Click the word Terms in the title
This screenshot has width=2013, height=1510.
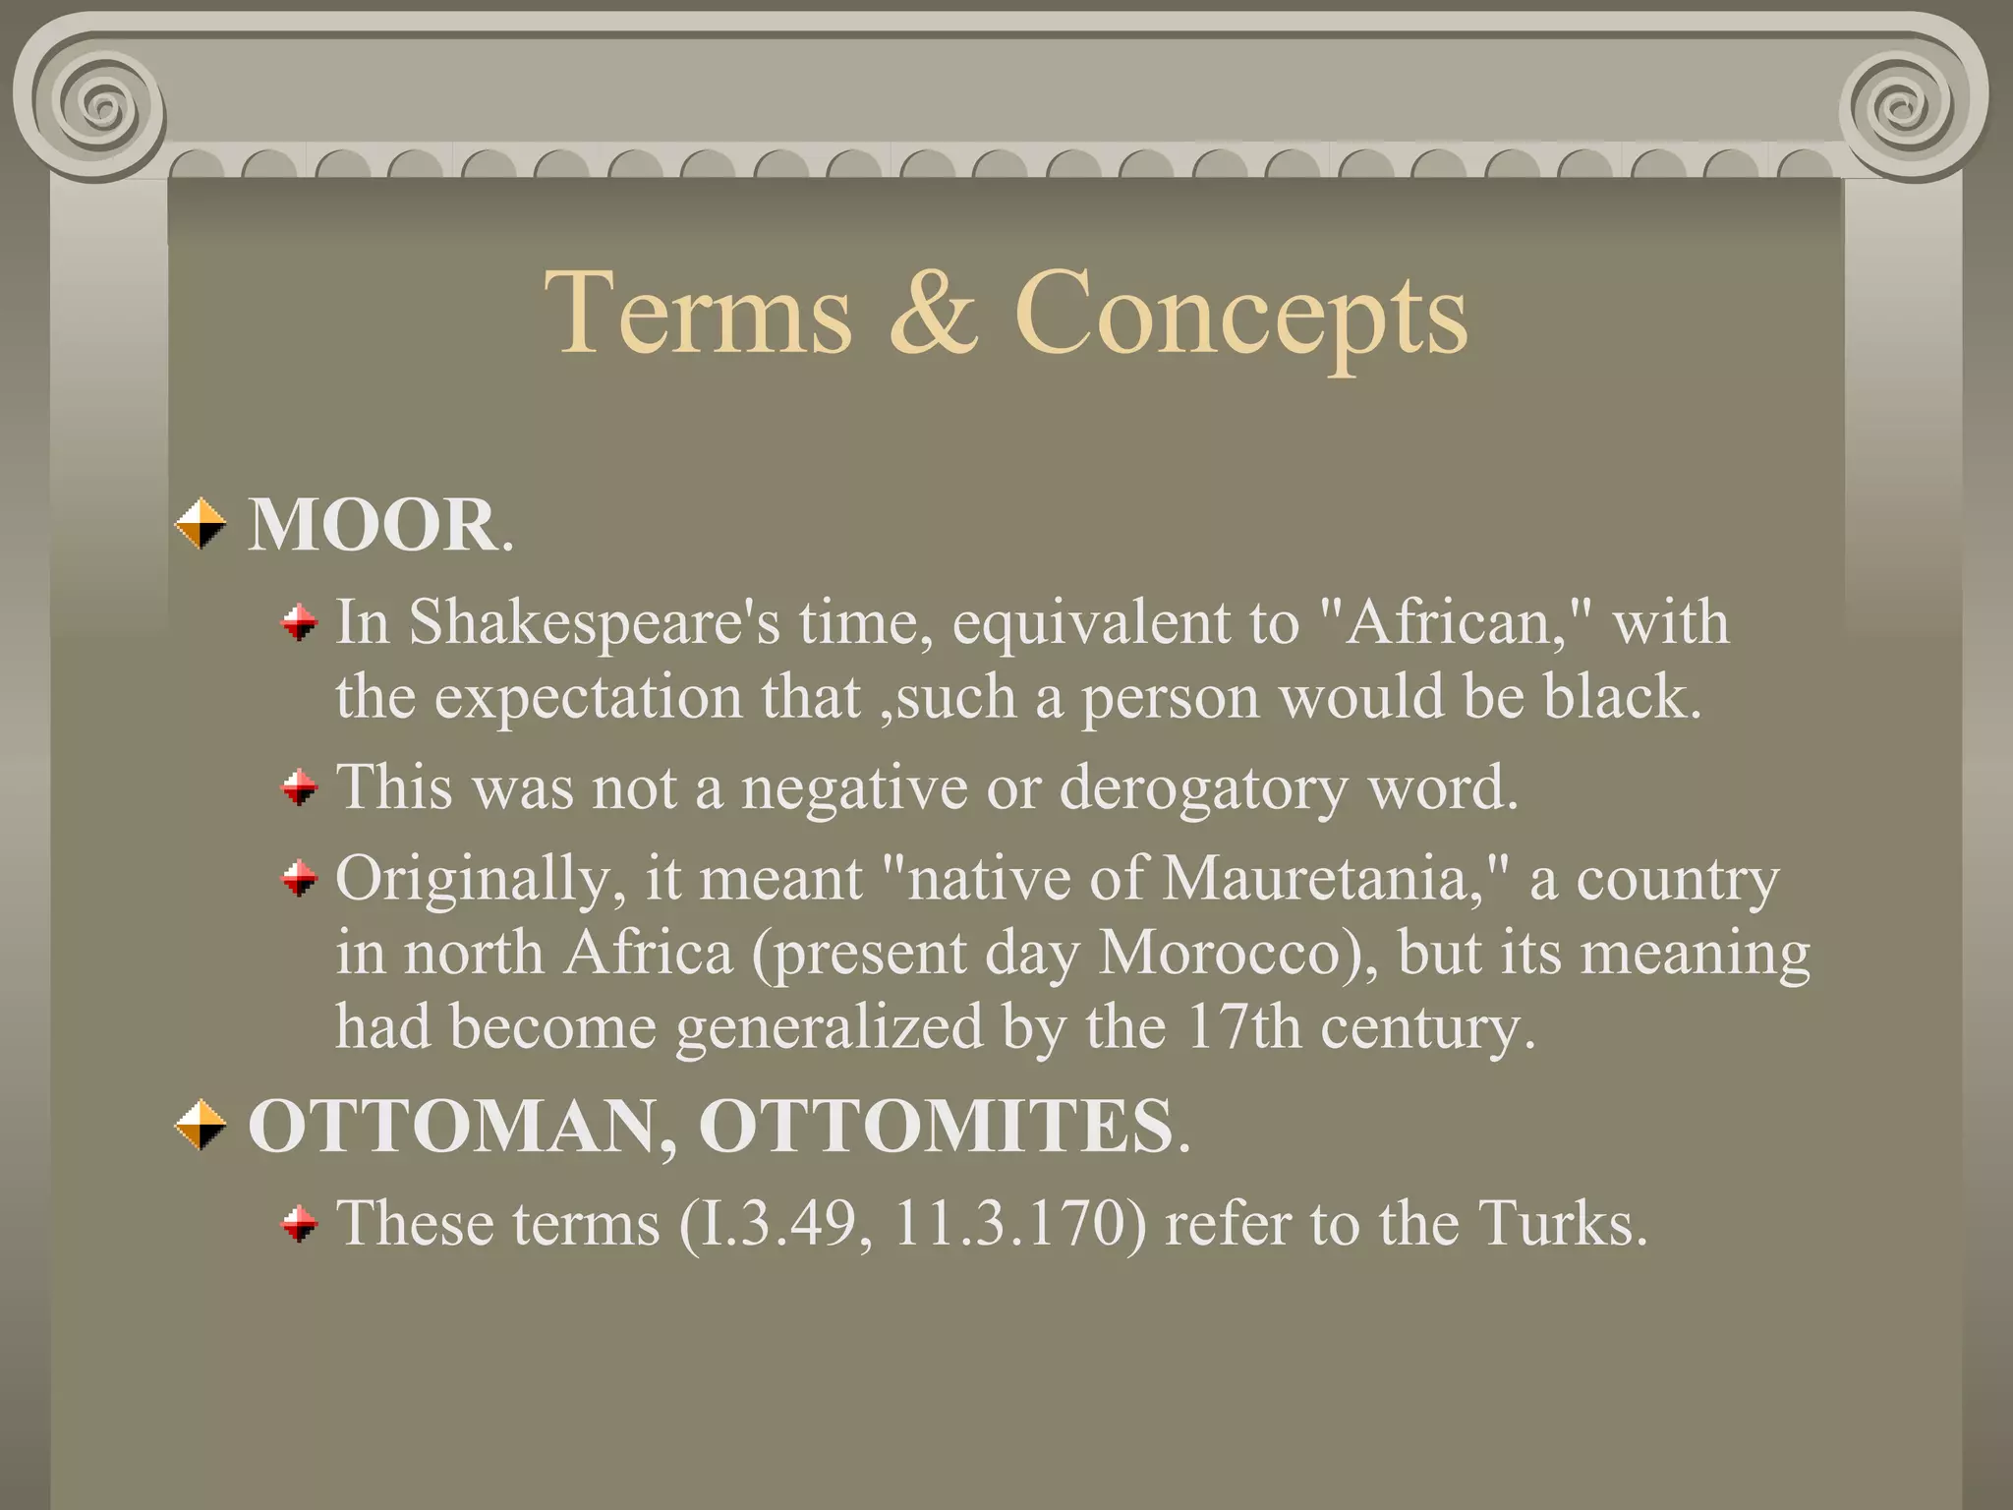click(x=698, y=313)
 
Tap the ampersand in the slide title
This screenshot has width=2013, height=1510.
click(x=933, y=313)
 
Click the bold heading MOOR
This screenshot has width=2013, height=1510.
click(x=374, y=525)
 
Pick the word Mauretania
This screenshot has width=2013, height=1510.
click(x=1317, y=878)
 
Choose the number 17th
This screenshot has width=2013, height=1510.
click(x=1244, y=1026)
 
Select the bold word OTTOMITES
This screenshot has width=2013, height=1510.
click(x=935, y=1126)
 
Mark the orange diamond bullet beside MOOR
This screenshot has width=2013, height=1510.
click(x=201, y=524)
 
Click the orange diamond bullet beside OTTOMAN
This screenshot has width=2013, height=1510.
click(x=201, y=1125)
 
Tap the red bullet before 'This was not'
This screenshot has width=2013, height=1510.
click(x=300, y=787)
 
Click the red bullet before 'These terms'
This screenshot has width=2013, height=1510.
click(x=300, y=1225)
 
